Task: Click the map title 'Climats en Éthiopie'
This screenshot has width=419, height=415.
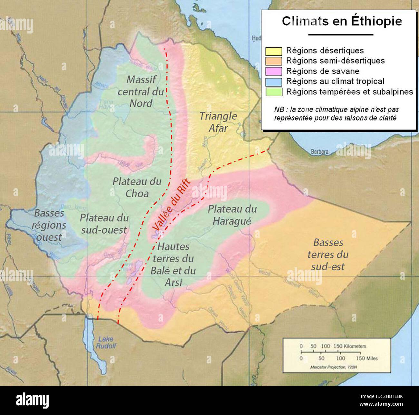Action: click(x=342, y=21)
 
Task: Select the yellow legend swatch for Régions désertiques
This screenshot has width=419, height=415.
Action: click(x=274, y=51)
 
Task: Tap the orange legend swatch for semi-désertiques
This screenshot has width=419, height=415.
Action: click(x=274, y=61)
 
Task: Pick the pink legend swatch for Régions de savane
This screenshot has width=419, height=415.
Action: click(x=274, y=71)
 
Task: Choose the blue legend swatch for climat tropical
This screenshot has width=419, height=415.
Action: click(x=274, y=82)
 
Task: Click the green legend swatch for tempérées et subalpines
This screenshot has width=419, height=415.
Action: click(x=274, y=92)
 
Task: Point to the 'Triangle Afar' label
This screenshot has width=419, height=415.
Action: click(x=218, y=121)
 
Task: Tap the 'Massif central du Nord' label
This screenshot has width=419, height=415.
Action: click(x=141, y=91)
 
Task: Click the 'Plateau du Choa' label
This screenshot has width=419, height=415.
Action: click(x=137, y=187)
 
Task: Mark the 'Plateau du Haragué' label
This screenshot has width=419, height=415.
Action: click(x=232, y=215)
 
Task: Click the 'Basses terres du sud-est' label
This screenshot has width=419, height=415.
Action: click(x=328, y=255)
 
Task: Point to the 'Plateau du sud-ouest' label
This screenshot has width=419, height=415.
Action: click(x=104, y=224)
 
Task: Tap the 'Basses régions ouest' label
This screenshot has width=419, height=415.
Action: click(x=49, y=225)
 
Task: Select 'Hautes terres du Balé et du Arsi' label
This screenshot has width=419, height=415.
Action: click(x=173, y=265)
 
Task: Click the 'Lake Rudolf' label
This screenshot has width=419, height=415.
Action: click(x=106, y=343)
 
